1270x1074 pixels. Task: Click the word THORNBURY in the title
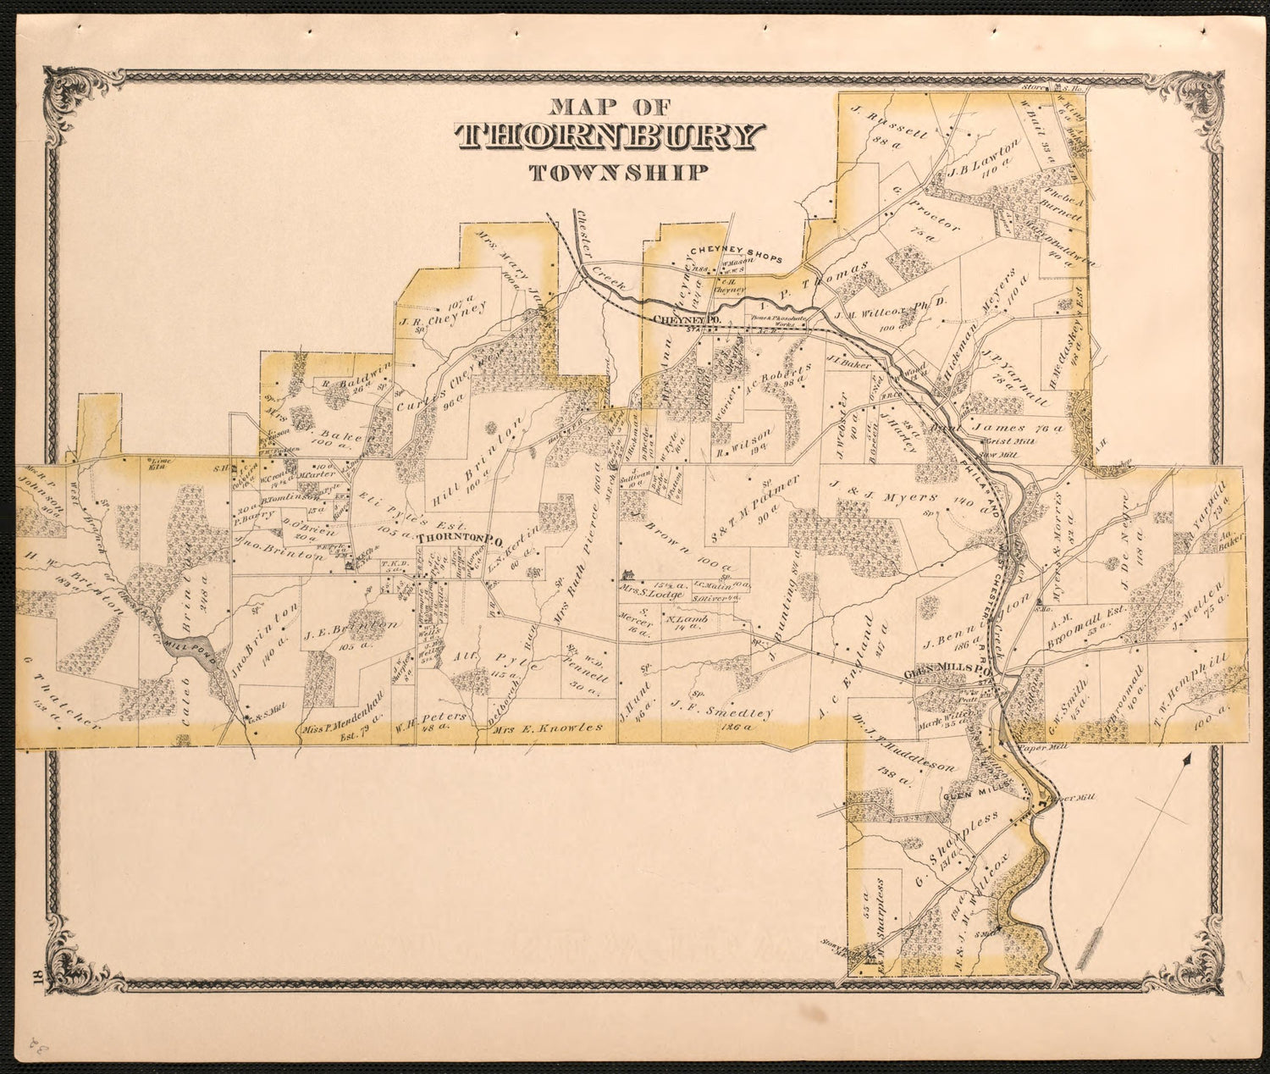tap(610, 138)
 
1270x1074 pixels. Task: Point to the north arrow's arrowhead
tap(1188, 760)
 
